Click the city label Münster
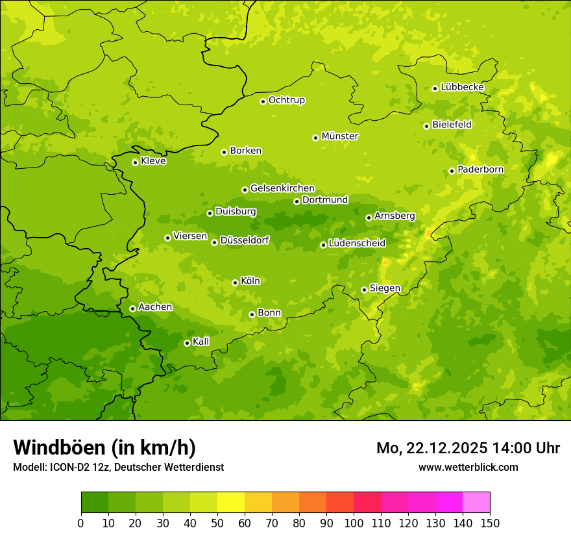340,136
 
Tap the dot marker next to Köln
235,282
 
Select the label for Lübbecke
462,87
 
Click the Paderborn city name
480,169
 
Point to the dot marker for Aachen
132,308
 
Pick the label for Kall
201,342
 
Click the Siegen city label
385,288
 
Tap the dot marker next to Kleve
135,162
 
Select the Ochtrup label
286,100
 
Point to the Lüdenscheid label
357,244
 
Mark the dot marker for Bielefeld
426,126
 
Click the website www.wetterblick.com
468,467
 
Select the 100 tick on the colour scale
354,523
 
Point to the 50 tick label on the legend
217,523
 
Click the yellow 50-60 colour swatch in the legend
231,503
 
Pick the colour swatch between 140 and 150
476,503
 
